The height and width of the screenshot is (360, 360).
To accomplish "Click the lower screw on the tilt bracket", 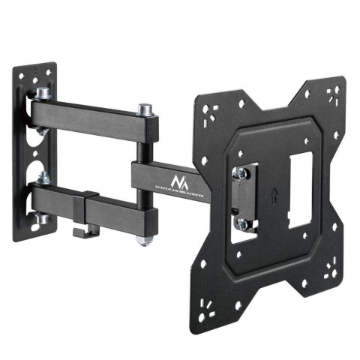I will [x=242, y=223].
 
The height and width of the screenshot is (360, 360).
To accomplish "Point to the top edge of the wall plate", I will [x=33, y=67].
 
